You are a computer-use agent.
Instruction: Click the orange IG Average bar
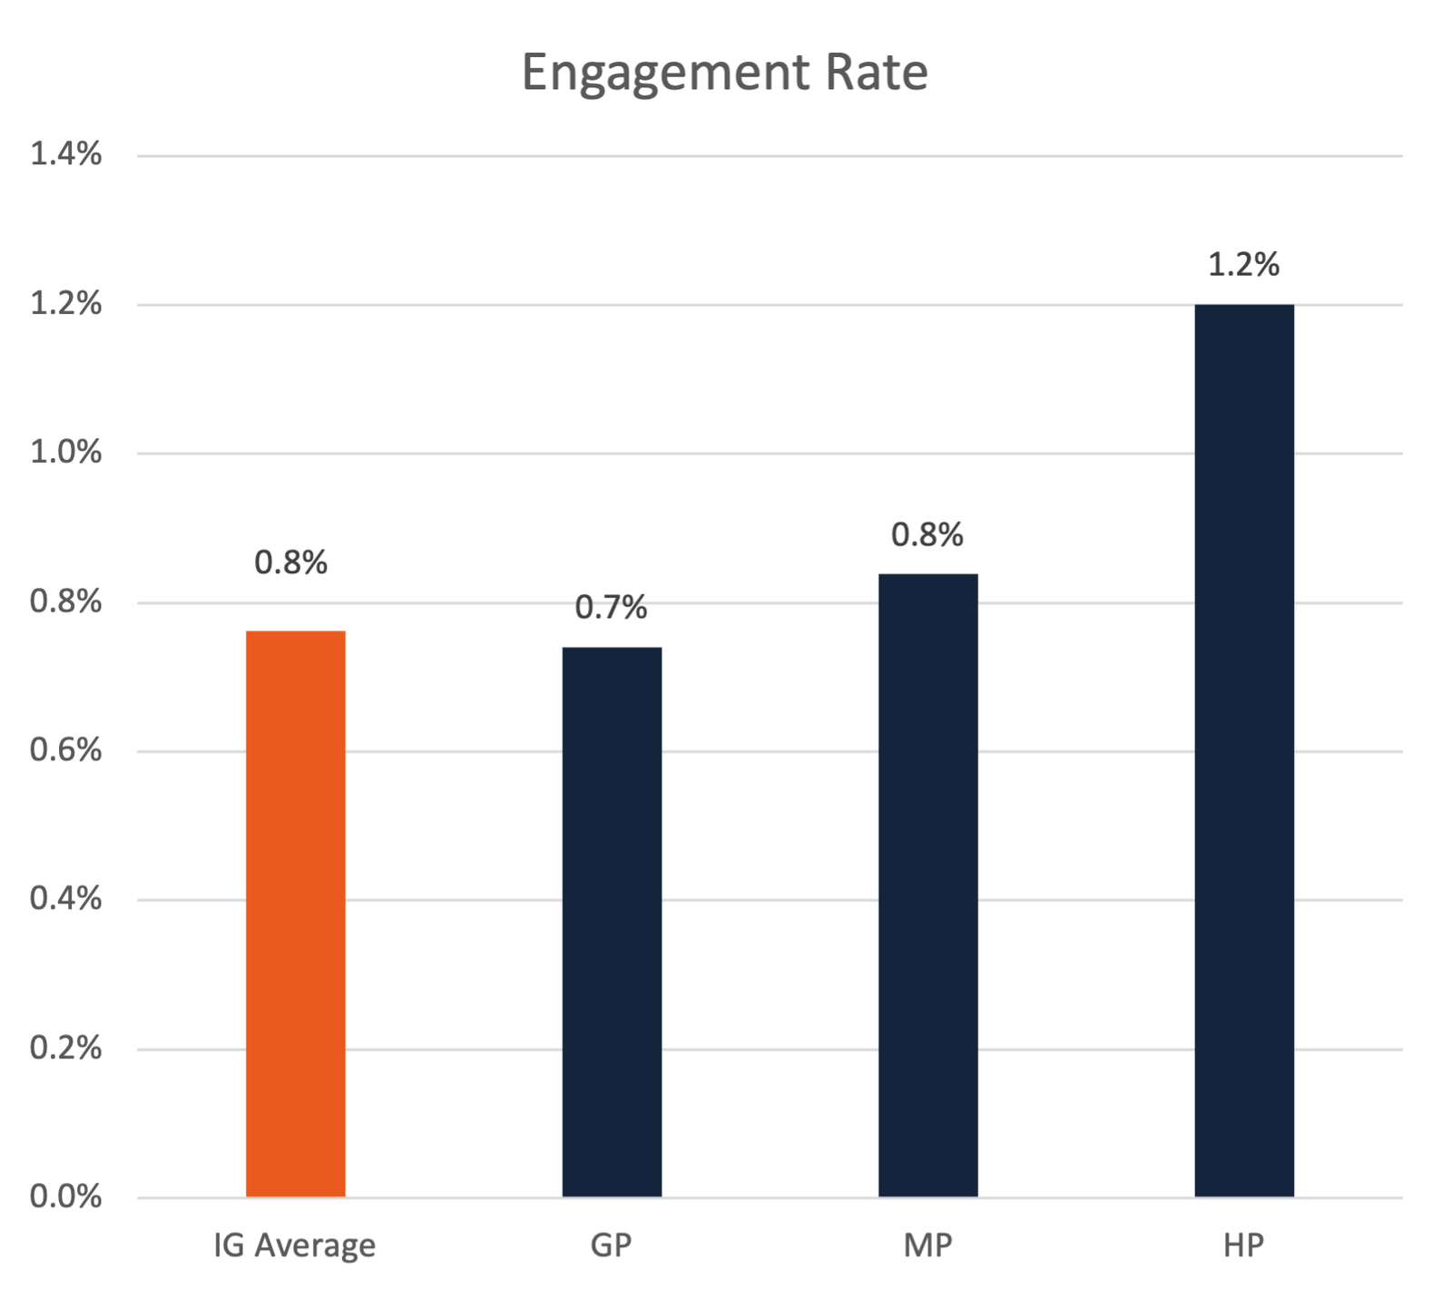295,913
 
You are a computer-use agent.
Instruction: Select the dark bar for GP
612,922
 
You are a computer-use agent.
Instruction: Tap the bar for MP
927,885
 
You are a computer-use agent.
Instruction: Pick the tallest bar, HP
1243,750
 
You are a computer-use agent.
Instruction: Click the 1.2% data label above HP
1243,265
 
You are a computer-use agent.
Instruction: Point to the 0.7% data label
611,608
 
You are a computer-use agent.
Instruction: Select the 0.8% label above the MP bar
927,535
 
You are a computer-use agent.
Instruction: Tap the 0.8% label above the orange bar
290,563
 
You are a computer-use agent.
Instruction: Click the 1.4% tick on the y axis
65,155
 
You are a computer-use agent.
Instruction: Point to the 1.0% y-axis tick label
65,453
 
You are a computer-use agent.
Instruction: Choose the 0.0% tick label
65,1196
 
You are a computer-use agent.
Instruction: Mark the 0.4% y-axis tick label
65,899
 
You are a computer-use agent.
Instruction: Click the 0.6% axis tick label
65,750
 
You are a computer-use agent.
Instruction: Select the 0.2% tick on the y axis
65,1049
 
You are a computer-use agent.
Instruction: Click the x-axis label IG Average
294,1245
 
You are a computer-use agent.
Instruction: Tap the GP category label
611,1245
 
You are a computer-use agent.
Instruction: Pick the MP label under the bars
927,1245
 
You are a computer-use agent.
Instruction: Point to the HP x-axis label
1243,1245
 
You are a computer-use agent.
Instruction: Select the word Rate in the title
876,73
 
